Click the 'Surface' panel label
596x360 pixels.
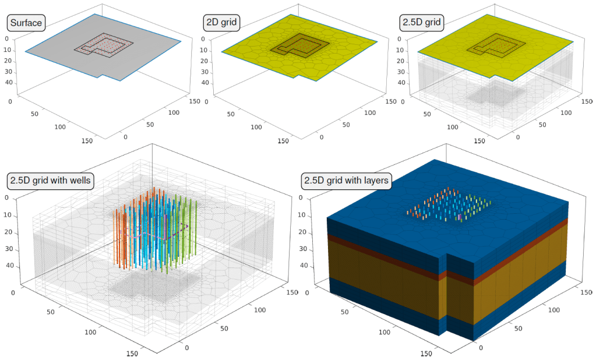pos(26,23)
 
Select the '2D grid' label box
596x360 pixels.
pos(221,23)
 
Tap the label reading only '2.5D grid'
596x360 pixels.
pos(422,23)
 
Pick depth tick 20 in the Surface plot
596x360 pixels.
pos(8,61)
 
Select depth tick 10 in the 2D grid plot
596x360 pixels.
pos(204,50)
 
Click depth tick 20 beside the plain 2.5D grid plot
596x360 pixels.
pos(401,61)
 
